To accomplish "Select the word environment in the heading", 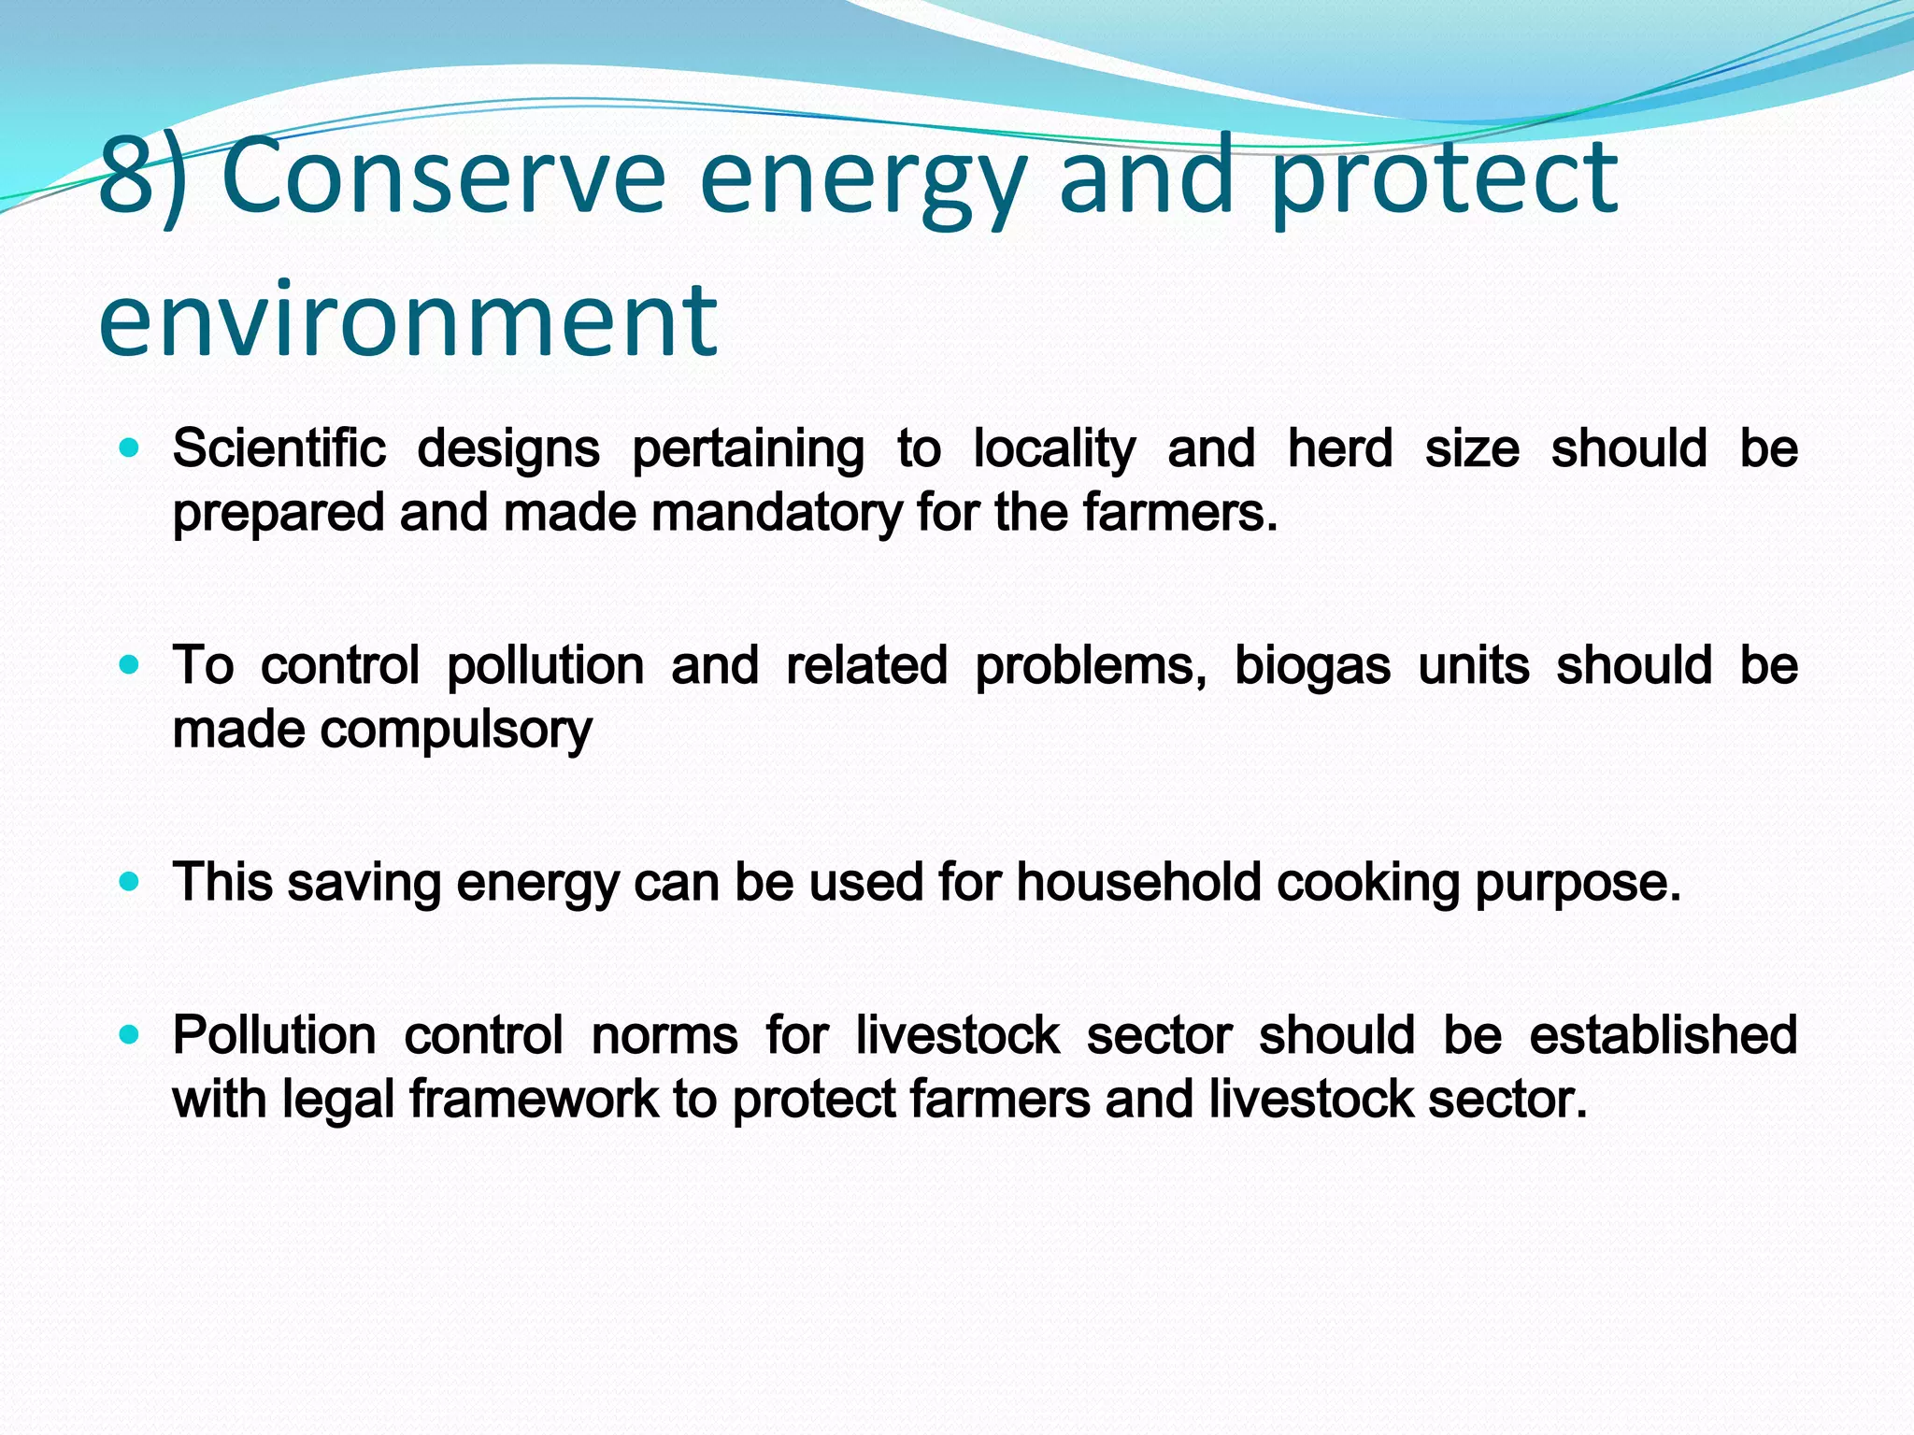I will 407,320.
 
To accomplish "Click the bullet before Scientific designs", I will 130,448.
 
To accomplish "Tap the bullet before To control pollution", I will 130,665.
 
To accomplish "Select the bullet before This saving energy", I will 130,882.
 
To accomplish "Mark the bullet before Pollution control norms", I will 130,1034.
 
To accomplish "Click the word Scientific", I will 279,448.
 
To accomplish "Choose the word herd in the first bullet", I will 1339,448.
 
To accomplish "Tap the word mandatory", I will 777,513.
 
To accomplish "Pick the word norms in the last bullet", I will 664,1035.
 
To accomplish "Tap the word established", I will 1663,1035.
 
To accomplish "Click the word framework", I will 534,1099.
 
